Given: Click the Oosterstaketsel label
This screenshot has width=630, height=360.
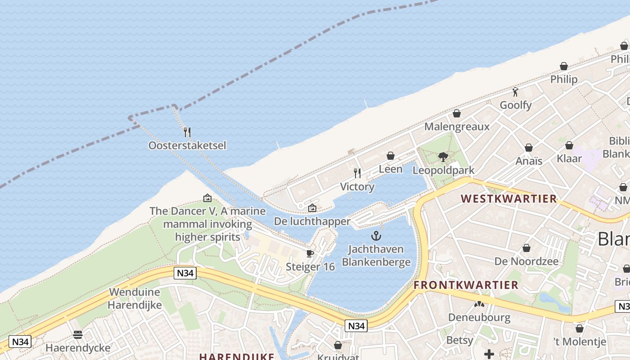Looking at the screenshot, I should (x=187, y=145).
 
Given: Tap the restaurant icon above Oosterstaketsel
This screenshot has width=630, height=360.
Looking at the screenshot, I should (x=187, y=132).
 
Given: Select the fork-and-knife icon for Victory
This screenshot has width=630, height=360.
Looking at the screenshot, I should (x=357, y=173).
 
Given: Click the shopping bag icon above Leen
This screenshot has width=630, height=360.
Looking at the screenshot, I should (x=391, y=156).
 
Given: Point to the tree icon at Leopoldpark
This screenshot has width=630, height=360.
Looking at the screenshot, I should (x=443, y=157).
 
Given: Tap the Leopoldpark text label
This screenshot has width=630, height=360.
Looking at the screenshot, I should (x=443, y=171).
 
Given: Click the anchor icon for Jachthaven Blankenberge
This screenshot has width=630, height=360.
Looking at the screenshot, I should (x=376, y=235).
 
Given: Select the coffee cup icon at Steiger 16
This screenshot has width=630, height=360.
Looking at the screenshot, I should (x=310, y=253).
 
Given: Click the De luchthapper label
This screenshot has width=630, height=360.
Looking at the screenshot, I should (x=312, y=221).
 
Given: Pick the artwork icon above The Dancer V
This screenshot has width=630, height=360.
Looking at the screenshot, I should (x=207, y=198).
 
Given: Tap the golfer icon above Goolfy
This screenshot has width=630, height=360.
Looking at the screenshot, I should (x=516, y=92).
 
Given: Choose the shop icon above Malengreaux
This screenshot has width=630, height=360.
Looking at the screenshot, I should (x=457, y=113).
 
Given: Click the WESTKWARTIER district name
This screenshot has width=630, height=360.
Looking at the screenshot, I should (x=508, y=199).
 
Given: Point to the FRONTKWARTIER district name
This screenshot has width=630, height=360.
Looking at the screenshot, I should (x=466, y=285).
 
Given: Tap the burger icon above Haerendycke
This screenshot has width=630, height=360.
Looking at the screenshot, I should (x=78, y=335).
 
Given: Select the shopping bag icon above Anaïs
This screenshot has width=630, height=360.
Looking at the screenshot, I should (x=529, y=148).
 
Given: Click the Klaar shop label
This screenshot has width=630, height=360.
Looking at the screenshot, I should (x=569, y=158).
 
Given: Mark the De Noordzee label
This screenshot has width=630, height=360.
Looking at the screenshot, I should (x=526, y=261).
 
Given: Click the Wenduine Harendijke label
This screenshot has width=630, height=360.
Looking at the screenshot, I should (x=135, y=298).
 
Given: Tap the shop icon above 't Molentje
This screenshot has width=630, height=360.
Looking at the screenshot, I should (x=580, y=328).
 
